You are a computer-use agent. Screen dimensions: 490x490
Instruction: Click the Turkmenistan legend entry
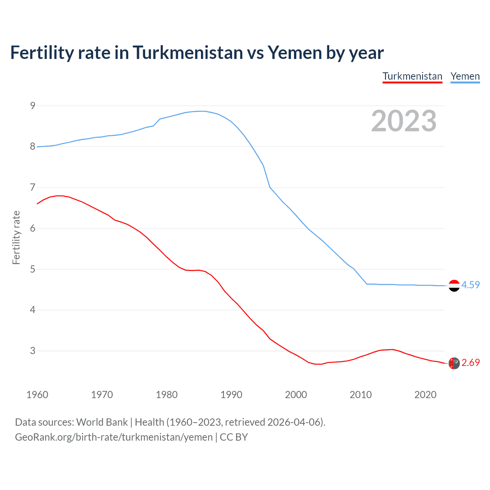point(412,76)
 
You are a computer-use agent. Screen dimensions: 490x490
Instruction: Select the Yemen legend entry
point(465,76)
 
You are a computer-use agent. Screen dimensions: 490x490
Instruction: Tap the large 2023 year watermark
point(404,121)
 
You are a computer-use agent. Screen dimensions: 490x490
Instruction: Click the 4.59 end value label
point(470,285)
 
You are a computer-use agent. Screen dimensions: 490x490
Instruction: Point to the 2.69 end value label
point(470,363)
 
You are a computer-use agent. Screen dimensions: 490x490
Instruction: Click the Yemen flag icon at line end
point(454,286)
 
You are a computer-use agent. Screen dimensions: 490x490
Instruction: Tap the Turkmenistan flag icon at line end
point(454,363)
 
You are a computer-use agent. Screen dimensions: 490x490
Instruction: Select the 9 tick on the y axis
point(33,106)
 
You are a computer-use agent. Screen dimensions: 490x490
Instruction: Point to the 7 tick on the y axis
point(33,188)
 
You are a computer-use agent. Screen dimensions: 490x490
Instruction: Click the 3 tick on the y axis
point(33,351)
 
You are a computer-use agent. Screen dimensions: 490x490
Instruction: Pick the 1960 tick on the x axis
point(37,395)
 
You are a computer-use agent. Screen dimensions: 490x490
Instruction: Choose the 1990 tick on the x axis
point(231,395)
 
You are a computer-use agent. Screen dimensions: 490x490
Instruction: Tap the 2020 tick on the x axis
point(425,395)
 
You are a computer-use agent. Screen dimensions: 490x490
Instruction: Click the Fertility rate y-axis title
point(16,237)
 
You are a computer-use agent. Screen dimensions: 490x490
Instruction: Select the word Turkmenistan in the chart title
point(188,52)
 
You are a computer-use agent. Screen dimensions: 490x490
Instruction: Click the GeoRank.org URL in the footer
point(114,437)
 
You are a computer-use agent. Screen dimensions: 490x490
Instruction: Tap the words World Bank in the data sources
point(102,422)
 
